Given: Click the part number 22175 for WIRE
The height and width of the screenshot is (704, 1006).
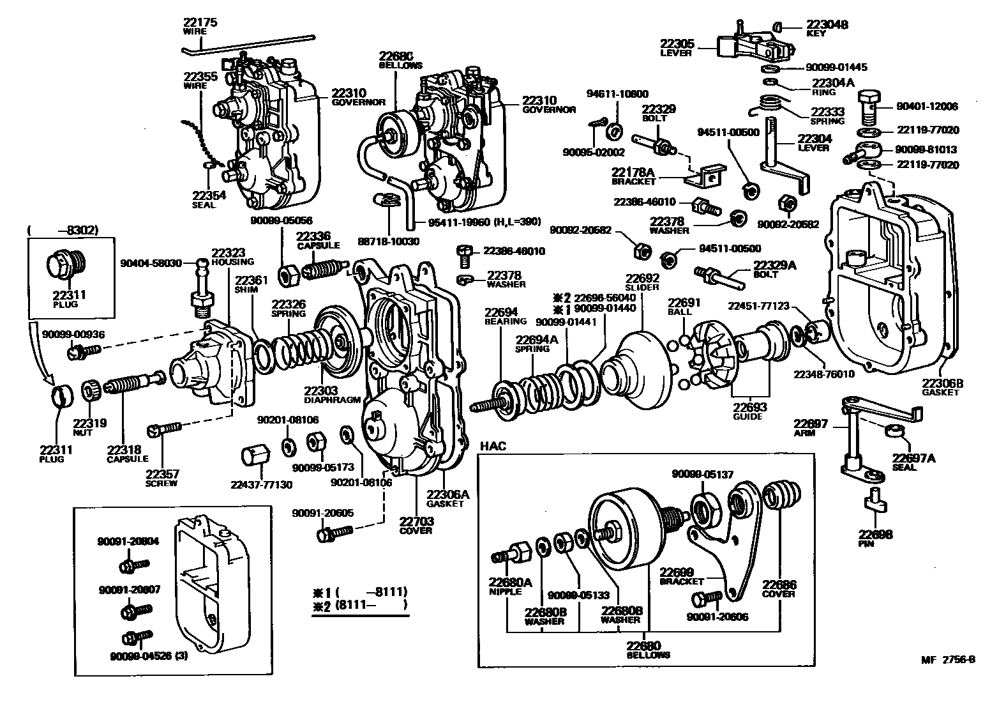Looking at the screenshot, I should click(200, 22).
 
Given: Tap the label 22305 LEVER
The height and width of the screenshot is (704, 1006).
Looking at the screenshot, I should click(676, 47).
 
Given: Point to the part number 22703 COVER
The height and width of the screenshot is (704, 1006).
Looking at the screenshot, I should click(416, 525).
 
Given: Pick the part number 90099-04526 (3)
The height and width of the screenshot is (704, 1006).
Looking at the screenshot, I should click(148, 655).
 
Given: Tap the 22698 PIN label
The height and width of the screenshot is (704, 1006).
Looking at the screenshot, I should click(875, 538).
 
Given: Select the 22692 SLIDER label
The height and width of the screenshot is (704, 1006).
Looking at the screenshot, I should click(642, 282).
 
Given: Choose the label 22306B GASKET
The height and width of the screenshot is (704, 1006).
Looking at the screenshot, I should click(942, 387).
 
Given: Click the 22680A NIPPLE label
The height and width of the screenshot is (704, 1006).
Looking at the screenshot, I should click(510, 586).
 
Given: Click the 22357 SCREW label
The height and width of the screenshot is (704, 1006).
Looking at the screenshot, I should click(161, 478).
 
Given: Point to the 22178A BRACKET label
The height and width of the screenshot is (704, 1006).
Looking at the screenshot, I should click(634, 176).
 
